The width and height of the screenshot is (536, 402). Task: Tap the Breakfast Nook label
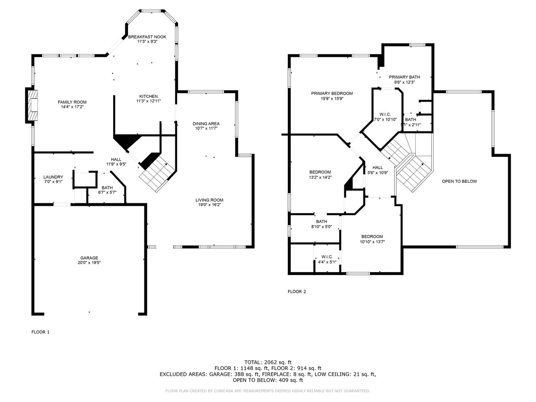click(147, 37)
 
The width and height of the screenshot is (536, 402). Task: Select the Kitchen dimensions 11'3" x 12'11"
click(149, 101)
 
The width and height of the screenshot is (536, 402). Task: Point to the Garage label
click(89, 258)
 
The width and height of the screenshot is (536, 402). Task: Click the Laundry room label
click(53, 177)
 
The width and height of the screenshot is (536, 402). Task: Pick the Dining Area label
click(206, 124)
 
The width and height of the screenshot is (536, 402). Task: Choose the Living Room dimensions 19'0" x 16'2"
click(210, 205)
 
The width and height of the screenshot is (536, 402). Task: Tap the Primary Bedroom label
click(332, 93)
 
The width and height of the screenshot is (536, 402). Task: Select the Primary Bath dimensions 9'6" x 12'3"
click(405, 82)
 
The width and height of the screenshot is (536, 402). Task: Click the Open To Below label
click(459, 181)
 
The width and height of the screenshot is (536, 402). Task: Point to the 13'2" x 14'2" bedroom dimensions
click(320, 178)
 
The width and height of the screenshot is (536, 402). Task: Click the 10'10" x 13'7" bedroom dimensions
click(372, 242)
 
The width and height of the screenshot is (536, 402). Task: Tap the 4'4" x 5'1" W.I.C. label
click(327, 257)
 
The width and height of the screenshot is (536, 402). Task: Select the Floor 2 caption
click(297, 291)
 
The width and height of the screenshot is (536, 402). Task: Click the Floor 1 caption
click(41, 332)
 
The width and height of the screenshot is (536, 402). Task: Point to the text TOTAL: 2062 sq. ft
click(268, 362)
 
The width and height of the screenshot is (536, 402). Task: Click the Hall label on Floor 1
click(116, 159)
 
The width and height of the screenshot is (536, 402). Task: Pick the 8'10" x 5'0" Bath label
click(322, 221)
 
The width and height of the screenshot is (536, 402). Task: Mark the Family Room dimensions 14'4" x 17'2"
click(72, 107)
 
